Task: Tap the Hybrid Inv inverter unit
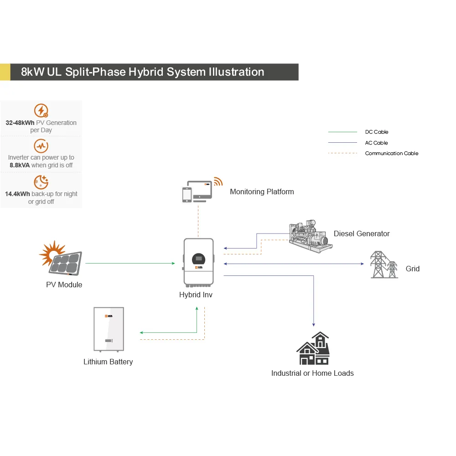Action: click(199, 262)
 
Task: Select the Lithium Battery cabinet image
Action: click(109, 329)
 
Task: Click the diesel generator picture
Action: click(311, 236)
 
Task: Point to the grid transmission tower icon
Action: click(384, 264)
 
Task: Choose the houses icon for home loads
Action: click(313, 348)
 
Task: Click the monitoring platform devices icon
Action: click(197, 192)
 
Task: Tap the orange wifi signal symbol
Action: click(218, 181)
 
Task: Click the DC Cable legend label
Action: click(377, 132)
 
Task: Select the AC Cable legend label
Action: click(376, 143)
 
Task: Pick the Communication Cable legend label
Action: click(391, 153)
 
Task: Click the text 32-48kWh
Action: click(20, 123)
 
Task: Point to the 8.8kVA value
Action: click(20, 165)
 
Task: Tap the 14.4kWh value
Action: click(17, 194)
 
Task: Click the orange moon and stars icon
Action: click(41, 182)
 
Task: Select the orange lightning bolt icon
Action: click(41, 110)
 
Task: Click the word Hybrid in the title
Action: click(146, 72)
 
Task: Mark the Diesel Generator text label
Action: click(362, 233)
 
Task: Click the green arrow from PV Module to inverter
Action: click(130, 263)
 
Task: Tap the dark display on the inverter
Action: click(199, 259)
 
